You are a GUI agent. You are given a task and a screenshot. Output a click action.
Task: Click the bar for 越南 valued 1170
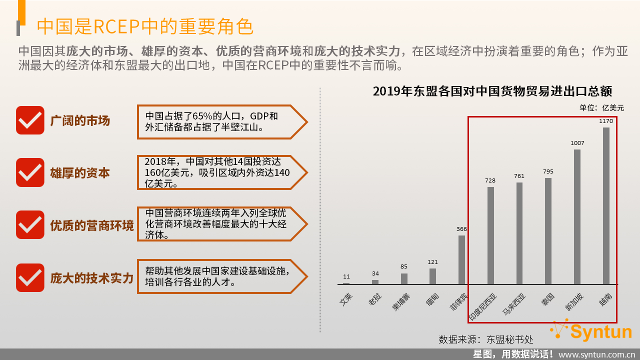pos(606,205)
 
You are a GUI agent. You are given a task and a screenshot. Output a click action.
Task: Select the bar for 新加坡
pos(577,217)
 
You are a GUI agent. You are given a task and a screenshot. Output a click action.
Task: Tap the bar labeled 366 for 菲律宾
pos(461,259)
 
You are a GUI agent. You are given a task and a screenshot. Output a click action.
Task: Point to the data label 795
pos(548,171)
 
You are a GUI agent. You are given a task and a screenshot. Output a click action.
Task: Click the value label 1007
pos(577,143)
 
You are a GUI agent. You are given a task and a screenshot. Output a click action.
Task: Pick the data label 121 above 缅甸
pos(432,262)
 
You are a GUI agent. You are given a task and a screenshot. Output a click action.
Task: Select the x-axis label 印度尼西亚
pos(483,307)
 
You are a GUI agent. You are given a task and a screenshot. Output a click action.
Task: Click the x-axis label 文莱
pos(346,299)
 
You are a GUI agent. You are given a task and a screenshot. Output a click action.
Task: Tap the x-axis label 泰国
pos(548,299)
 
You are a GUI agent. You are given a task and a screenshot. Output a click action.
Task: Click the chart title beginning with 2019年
pos(492,91)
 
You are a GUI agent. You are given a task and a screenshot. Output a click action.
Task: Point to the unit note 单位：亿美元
pos(601,108)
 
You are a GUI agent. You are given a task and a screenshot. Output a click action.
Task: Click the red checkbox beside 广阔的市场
pos(30,120)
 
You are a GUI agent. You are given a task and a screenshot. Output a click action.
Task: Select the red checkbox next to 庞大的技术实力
pos(30,277)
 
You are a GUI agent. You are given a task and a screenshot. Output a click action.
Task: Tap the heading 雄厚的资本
pos(80,173)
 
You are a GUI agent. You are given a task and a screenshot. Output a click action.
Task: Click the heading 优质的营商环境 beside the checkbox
pos(92,225)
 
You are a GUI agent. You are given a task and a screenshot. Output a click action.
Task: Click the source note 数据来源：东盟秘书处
pos(485,339)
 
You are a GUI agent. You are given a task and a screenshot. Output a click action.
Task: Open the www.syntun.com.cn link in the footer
pos(597,355)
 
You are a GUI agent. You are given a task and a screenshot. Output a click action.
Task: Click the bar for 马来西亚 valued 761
pos(519,233)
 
